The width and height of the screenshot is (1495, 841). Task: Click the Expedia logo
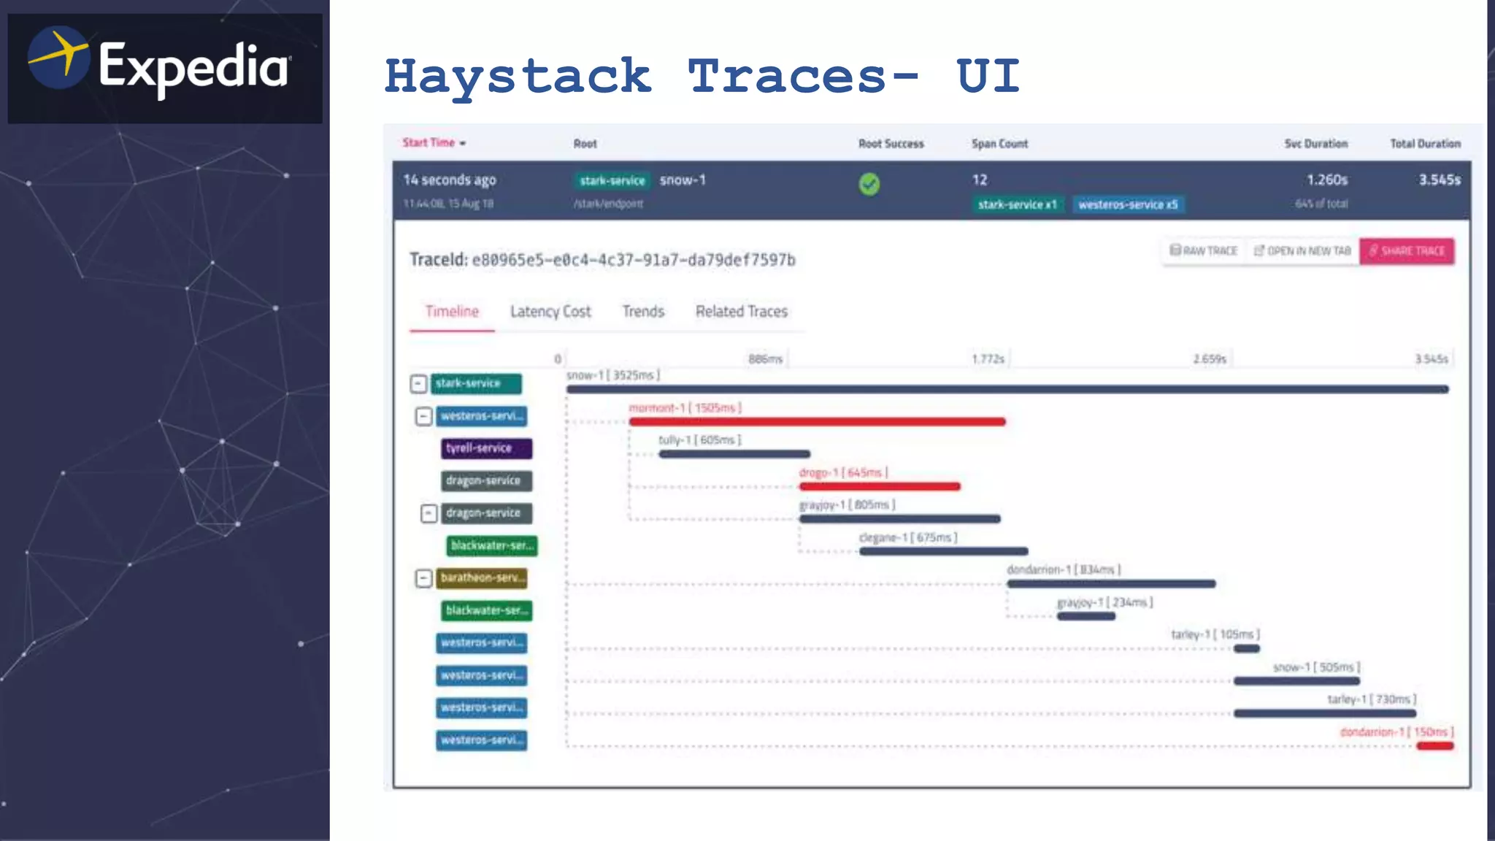164,67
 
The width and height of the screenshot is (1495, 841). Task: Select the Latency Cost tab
550,312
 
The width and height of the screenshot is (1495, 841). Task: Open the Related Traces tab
742,312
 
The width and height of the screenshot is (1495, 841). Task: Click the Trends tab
643,312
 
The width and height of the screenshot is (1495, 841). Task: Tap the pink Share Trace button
1407,251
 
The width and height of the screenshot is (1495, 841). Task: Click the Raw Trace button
1204,251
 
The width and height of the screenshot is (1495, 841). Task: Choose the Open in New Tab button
1302,251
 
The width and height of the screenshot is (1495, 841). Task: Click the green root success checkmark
869,184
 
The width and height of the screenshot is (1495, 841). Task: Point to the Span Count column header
999,144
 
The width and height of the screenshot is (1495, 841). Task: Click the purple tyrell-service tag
486,448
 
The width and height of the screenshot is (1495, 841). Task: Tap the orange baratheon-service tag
483,578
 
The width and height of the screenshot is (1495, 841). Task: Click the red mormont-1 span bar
817,422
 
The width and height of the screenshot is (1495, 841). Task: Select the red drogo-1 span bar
880,486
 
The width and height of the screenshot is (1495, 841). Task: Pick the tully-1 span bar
734,454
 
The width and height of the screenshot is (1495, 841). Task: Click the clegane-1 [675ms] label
907,538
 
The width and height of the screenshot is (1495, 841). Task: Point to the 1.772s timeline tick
988,359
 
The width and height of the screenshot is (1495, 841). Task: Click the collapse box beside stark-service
418,384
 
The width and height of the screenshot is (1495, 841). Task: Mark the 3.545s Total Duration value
1440,180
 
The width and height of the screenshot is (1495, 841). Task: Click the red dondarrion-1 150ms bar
1435,746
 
